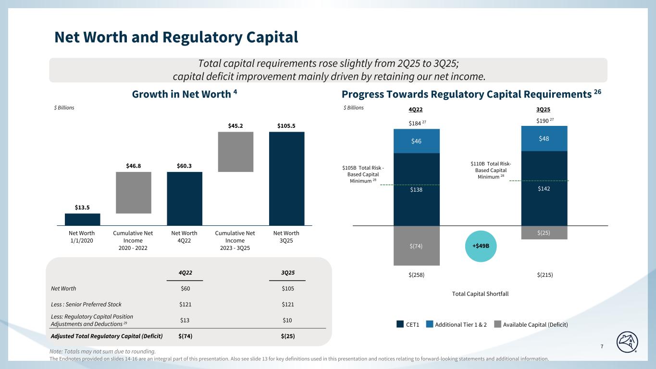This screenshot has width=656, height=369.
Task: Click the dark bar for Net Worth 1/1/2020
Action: tap(82, 219)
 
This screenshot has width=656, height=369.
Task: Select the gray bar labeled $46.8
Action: tap(134, 192)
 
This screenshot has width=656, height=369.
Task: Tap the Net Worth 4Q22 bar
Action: tap(185, 198)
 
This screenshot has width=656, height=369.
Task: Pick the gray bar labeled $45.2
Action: tap(235, 151)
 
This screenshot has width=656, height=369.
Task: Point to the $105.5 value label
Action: tap(286, 126)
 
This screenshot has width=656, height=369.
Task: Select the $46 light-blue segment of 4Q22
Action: tap(417, 141)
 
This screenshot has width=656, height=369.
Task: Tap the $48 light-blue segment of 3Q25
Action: tap(544, 138)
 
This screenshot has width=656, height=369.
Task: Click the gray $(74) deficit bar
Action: tap(417, 246)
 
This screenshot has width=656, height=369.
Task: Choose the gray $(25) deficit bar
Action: tap(544, 233)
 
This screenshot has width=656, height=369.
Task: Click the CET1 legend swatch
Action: tap(400, 325)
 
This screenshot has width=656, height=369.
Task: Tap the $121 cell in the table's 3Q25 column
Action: tap(287, 304)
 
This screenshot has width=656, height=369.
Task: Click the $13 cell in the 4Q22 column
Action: tap(185, 320)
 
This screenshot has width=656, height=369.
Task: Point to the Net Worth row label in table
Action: tap(63, 289)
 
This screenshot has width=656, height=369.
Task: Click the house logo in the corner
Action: tap(630, 341)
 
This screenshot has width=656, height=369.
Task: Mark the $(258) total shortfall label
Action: tap(417, 275)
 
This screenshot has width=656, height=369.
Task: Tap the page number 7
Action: tap(602, 347)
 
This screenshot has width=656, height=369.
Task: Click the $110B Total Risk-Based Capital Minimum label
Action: tap(488, 170)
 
